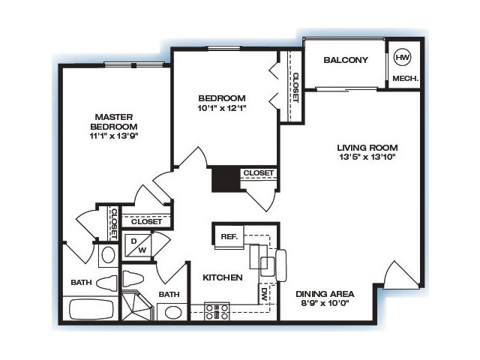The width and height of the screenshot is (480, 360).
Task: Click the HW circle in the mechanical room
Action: coord(403,57)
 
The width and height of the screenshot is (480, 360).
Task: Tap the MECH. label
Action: coord(405,78)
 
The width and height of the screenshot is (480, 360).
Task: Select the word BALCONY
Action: coord(346,60)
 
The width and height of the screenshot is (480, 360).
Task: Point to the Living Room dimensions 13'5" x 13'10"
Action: coord(367,157)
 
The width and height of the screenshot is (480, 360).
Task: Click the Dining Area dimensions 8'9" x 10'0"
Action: coord(325,303)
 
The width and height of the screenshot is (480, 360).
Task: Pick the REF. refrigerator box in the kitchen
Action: coord(229,237)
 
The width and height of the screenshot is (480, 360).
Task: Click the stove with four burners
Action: coord(217,312)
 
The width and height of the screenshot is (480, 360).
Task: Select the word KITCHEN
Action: coord(223,277)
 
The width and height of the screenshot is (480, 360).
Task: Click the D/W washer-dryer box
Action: coord(136,246)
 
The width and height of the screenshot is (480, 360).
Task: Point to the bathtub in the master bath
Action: coord(91,309)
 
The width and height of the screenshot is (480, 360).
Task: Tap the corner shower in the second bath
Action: coord(136,305)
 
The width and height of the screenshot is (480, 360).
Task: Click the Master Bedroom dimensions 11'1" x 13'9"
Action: coord(114,136)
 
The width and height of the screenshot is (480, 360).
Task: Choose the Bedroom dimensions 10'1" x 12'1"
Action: coord(222,108)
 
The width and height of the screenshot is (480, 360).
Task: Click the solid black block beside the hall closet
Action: coord(226,178)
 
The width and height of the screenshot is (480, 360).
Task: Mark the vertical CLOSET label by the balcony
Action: coord(295,87)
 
